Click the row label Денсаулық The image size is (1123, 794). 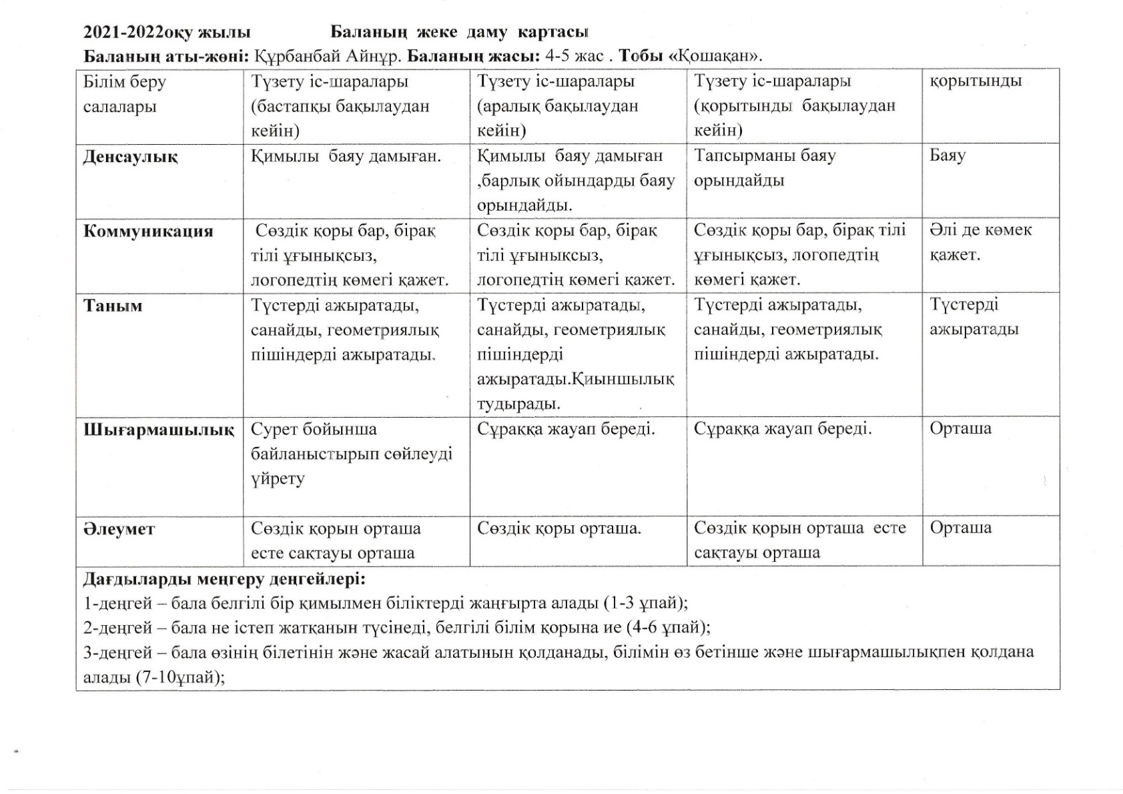click(130, 157)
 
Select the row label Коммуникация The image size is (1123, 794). click(148, 232)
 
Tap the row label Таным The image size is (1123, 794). click(113, 306)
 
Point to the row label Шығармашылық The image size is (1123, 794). click(159, 430)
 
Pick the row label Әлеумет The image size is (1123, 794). click(119, 530)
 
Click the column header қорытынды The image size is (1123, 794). click(975, 81)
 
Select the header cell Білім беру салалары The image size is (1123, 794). click(125, 94)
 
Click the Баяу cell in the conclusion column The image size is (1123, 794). click(947, 156)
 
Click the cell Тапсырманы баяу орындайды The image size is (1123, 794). click(765, 168)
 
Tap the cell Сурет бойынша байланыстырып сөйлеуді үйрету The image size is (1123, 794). click(351, 454)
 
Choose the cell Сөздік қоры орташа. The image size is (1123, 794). click(558, 529)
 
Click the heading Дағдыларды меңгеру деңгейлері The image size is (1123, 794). click(224, 578)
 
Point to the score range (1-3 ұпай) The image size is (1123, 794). click(645, 603)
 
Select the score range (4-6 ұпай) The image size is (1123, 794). click(668, 627)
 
